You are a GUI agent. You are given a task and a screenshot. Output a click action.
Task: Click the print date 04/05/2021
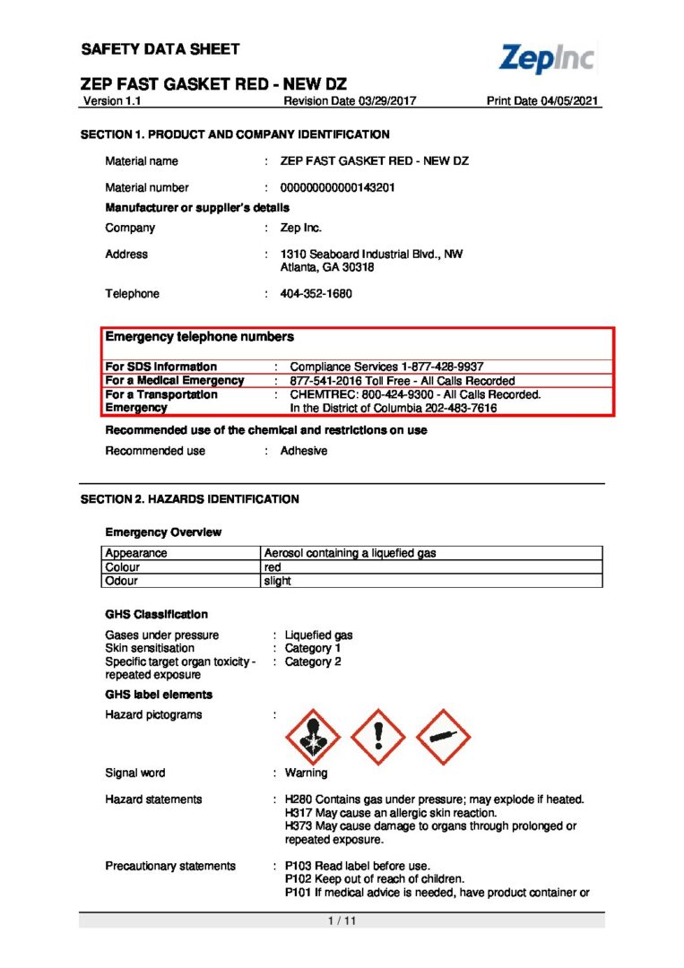click(x=570, y=101)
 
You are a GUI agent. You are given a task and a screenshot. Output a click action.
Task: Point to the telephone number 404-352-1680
click(x=316, y=294)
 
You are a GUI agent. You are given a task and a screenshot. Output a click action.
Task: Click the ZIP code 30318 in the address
click(x=356, y=267)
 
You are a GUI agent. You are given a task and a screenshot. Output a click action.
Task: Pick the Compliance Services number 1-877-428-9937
click(x=434, y=367)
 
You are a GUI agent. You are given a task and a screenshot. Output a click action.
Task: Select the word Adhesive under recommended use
click(x=304, y=451)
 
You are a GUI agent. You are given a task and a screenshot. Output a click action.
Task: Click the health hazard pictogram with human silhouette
click(x=313, y=737)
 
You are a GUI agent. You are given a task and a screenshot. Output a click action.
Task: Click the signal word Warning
click(x=307, y=773)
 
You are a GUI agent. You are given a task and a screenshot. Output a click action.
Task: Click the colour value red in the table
click(x=273, y=566)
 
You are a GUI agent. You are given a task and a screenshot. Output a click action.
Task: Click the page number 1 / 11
click(x=342, y=920)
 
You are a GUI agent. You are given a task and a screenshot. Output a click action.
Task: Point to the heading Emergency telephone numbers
click(x=199, y=337)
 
